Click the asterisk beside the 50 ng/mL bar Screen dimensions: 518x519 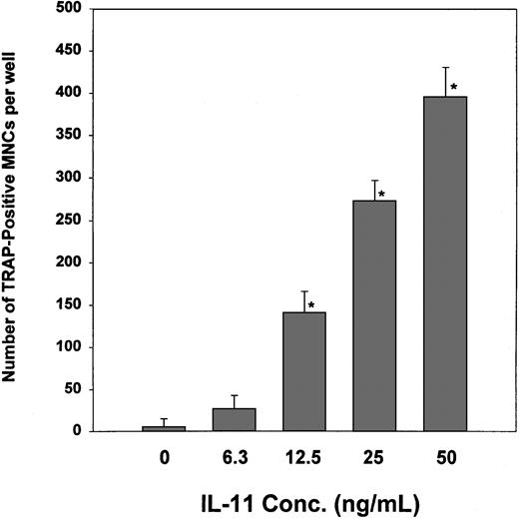click(x=454, y=88)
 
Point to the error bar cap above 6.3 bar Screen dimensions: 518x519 click(x=236, y=395)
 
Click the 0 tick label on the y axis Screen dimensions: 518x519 click(x=76, y=431)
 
